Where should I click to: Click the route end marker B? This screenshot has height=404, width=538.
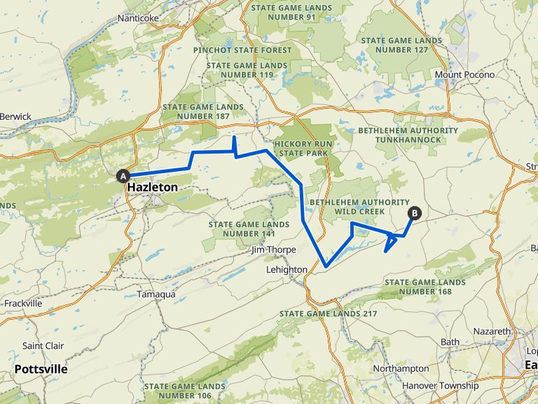pyautogui.click(x=415, y=213)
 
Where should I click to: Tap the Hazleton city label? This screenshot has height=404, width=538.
pyautogui.click(x=152, y=188)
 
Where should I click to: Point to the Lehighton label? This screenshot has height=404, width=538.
pyautogui.click(x=287, y=269)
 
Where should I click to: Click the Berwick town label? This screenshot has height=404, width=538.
pyautogui.click(x=15, y=116)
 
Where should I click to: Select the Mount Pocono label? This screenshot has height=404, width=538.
pyautogui.click(x=464, y=75)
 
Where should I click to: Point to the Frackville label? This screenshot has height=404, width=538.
pyautogui.click(x=23, y=304)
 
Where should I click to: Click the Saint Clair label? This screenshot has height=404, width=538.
pyautogui.click(x=43, y=346)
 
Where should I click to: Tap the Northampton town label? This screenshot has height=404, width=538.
pyautogui.click(x=401, y=369)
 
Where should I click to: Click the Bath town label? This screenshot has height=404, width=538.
pyautogui.click(x=450, y=342)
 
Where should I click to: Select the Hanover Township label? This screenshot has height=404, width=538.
pyautogui.click(x=440, y=386)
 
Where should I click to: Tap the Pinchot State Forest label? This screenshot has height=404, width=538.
pyautogui.click(x=242, y=50)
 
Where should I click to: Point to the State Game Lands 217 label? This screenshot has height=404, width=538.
pyautogui.click(x=328, y=314)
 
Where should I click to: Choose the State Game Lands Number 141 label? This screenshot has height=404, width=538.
pyautogui.click(x=249, y=229)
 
